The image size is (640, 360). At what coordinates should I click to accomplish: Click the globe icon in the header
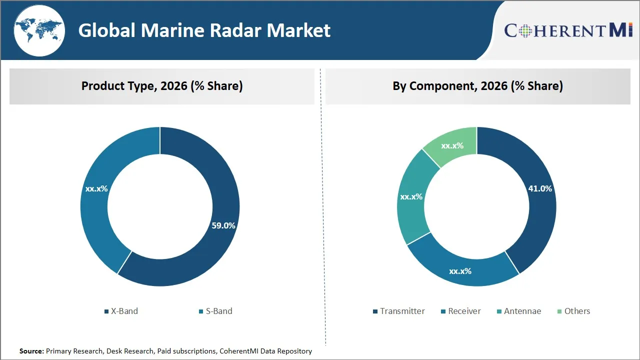(x=39, y=31)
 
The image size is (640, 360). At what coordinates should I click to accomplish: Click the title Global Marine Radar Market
(x=204, y=30)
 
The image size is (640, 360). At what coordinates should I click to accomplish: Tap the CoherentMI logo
(x=568, y=30)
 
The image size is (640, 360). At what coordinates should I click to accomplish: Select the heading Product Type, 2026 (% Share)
(x=162, y=86)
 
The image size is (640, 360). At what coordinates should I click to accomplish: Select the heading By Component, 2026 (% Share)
(x=477, y=86)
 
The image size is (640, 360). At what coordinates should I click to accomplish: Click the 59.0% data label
(x=223, y=225)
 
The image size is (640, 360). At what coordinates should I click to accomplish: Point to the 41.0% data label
(x=540, y=188)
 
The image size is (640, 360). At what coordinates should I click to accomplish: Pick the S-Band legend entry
(x=215, y=311)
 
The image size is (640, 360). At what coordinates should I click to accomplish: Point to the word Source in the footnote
(x=31, y=351)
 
